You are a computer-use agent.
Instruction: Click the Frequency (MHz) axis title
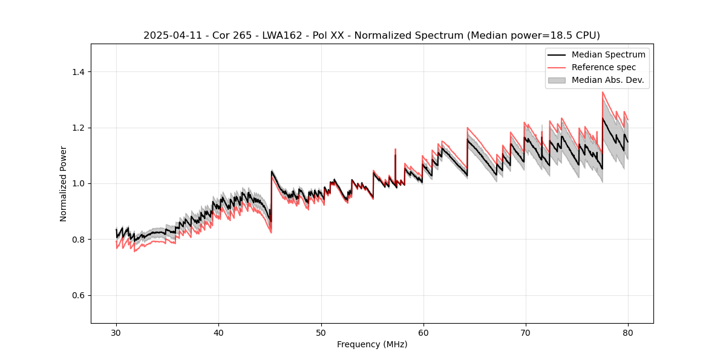[372, 344]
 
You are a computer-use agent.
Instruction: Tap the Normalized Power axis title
[64, 183]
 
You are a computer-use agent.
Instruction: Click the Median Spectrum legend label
[608, 54]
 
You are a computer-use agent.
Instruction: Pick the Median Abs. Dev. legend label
[607, 80]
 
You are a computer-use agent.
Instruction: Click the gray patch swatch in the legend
[557, 80]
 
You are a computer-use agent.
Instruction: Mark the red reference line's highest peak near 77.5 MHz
[603, 93]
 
